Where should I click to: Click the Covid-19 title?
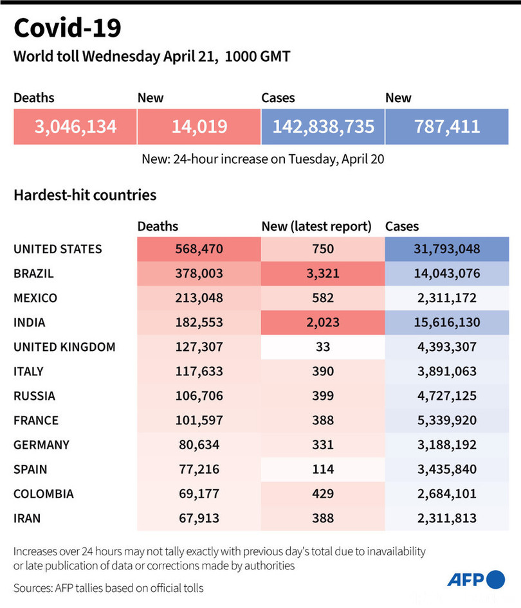click(x=67, y=28)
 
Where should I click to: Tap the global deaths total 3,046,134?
click(x=75, y=126)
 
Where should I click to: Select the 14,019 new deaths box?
click(x=199, y=126)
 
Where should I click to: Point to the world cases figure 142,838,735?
click(x=322, y=126)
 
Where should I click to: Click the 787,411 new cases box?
click(x=446, y=126)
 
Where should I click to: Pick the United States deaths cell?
click(x=199, y=249)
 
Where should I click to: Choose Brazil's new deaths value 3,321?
click(x=322, y=273)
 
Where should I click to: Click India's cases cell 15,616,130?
click(x=446, y=323)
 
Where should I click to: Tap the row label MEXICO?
click(x=35, y=298)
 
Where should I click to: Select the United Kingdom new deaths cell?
click(x=322, y=347)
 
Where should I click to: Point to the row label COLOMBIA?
click(x=43, y=494)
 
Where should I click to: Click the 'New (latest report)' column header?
click(x=316, y=226)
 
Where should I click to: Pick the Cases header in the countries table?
click(x=402, y=226)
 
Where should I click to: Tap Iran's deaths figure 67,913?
click(x=199, y=519)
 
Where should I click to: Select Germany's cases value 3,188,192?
click(x=446, y=445)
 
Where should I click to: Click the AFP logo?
click(x=476, y=579)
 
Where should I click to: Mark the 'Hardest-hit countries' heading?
click(x=85, y=194)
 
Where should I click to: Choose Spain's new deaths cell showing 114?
click(x=322, y=469)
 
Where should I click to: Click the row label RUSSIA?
click(x=34, y=396)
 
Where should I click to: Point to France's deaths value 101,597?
click(x=199, y=420)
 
